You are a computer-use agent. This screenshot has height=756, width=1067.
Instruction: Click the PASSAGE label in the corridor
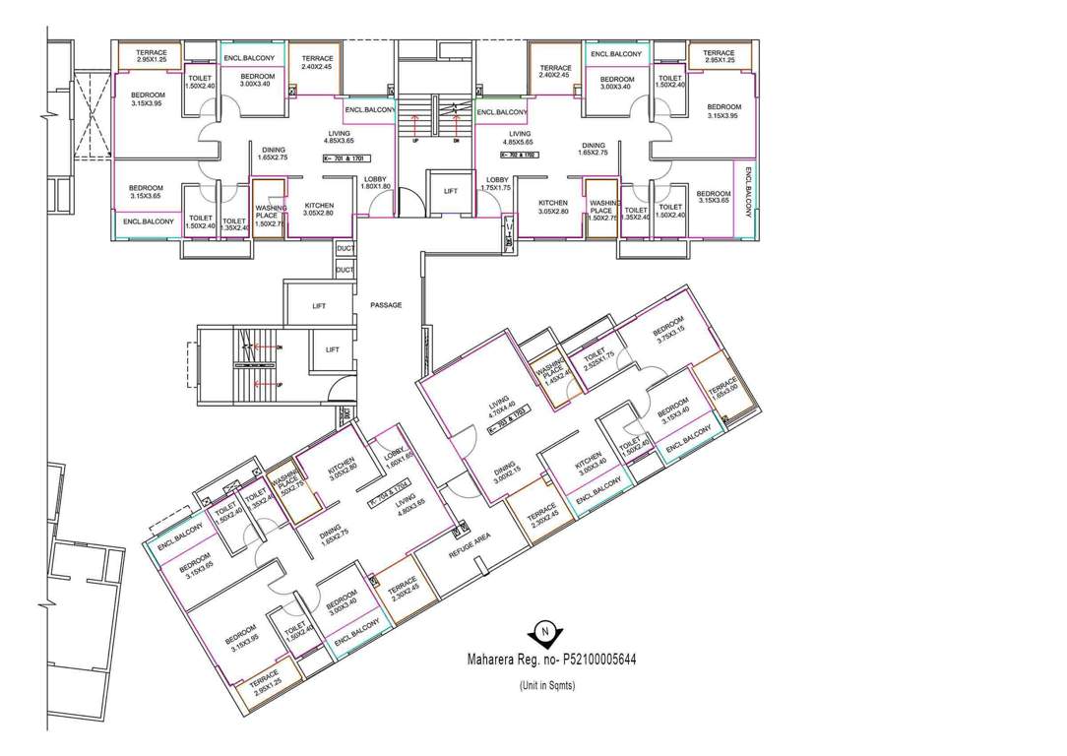pos(386,305)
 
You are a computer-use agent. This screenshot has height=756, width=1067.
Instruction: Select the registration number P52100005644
pos(588,660)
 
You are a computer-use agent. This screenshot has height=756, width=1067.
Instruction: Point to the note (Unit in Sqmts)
pos(547,685)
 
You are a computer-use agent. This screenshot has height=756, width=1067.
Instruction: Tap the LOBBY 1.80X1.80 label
pos(376,182)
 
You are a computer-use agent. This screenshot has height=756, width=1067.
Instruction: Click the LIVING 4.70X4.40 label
pos(501,407)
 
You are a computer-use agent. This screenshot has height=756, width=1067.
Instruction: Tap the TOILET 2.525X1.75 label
pos(598,360)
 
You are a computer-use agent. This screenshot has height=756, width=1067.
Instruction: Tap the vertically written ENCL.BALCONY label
pos(747,193)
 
